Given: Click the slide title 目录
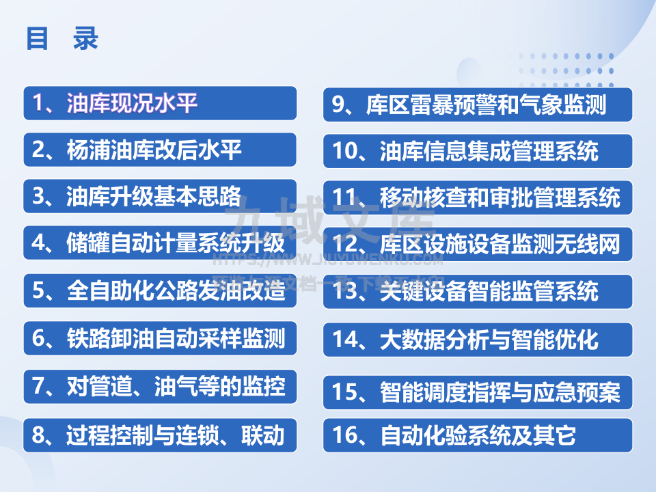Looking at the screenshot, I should point(62,39).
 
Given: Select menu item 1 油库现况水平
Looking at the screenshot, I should point(160,103).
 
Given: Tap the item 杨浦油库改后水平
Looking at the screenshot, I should point(160,150).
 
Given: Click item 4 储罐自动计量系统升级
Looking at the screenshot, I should point(160,243).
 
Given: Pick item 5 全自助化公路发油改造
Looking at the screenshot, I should point(160,290).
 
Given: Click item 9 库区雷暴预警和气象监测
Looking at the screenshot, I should point(477,105).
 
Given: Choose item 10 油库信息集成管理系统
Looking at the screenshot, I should point(477,150).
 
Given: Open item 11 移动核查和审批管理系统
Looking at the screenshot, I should point(477,197).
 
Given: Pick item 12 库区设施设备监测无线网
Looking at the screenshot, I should point(477,244).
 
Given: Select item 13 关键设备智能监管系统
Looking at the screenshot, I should point(477,291).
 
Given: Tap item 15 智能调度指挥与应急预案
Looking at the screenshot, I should point(477,392).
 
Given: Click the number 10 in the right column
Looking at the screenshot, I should point(346,150).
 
